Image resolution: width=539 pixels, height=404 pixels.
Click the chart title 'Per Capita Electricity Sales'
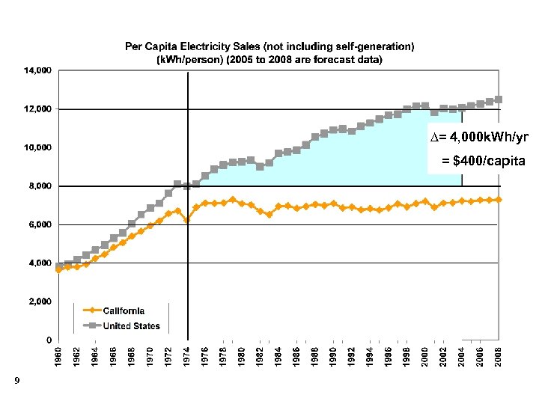pos(269,46)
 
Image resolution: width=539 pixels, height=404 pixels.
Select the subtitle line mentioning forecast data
pos(269,59)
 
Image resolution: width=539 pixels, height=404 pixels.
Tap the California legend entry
pos(124,310)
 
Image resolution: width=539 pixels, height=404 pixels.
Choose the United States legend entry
pos(131,325)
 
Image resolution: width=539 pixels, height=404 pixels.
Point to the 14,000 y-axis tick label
pos(37,71)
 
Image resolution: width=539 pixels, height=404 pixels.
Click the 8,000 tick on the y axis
pos(39,186)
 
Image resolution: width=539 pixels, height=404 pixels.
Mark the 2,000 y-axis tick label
pos(39,302)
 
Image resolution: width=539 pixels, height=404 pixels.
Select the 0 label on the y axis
pos(49,340)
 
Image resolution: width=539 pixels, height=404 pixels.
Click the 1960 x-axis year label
pos(59,358)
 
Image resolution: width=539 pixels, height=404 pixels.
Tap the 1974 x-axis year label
pos(187,358)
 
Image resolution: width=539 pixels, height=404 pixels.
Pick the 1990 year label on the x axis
pos(333,358)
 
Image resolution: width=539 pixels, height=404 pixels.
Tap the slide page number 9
pos(16,382)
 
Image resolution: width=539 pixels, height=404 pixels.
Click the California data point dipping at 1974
pos(187,221)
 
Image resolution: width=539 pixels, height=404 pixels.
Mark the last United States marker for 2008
pos(498,99)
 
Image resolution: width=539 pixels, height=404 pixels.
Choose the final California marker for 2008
pos(498,200)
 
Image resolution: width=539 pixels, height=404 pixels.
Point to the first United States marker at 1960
pos(59,266)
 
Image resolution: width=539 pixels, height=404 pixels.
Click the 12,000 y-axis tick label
pos(37,109)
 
